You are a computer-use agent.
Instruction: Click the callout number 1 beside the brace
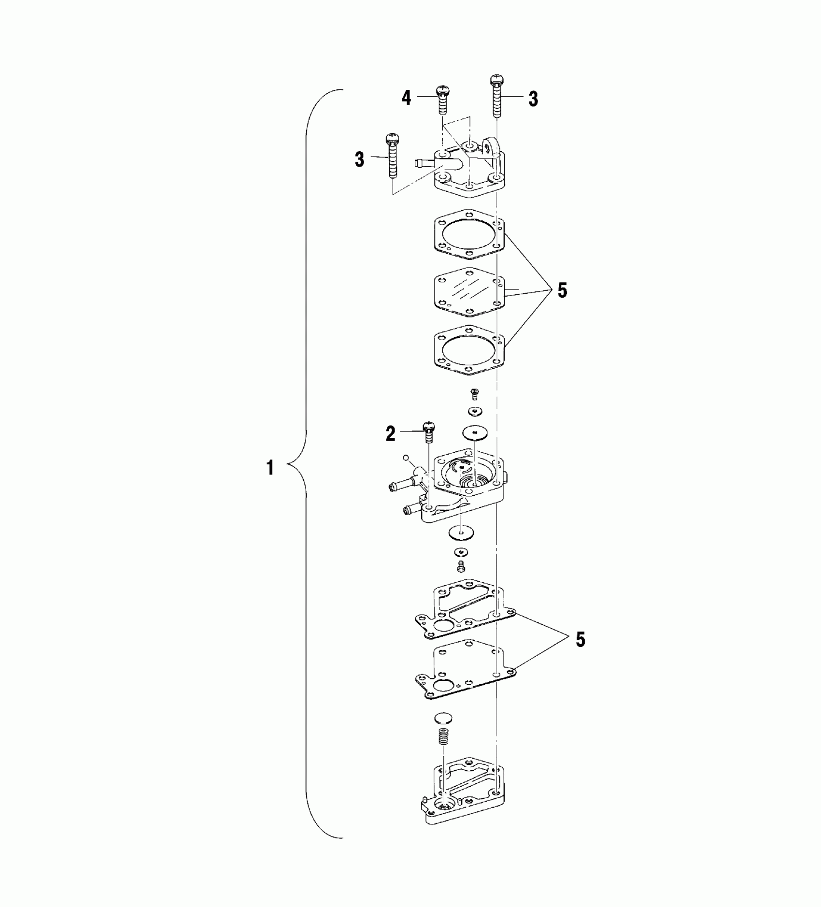pos(270,468)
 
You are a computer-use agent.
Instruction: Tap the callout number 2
pos(390,433)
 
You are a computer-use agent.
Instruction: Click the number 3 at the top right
pos(533,99)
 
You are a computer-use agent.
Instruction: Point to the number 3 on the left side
pos(359,159)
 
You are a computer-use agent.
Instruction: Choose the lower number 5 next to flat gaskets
pos(580,639)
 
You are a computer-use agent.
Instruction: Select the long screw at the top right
pos(496,97)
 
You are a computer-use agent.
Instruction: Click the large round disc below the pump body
pos(461,533)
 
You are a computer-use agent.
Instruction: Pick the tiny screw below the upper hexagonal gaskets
pos(474,394)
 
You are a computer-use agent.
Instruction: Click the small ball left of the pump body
pos(406,457)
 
